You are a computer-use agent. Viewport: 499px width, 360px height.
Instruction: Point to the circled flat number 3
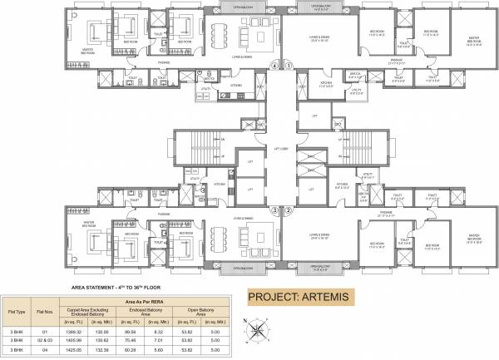(274, 210)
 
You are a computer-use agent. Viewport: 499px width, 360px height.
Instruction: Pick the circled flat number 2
(289, 210)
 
